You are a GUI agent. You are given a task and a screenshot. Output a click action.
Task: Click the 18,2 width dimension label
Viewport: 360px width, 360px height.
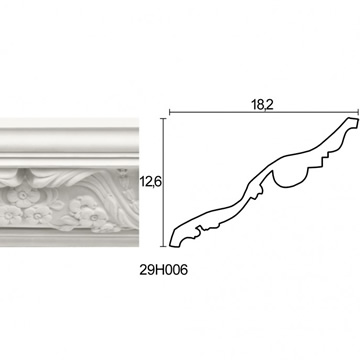pos(262,105)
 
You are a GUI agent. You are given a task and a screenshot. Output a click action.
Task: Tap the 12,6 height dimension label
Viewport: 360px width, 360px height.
pos(149,182)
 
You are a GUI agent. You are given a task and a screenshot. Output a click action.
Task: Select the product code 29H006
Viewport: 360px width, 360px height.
pos(164,270)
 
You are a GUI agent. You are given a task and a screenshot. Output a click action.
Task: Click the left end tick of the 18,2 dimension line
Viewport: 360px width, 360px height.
pos(170,112)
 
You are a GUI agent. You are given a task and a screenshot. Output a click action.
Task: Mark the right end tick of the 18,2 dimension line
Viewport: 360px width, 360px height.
pos(358,112)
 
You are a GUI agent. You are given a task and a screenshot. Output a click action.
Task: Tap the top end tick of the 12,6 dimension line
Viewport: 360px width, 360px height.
pos(163,119)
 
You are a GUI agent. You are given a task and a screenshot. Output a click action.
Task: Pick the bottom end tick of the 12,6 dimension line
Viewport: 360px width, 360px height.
pos(163,247)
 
